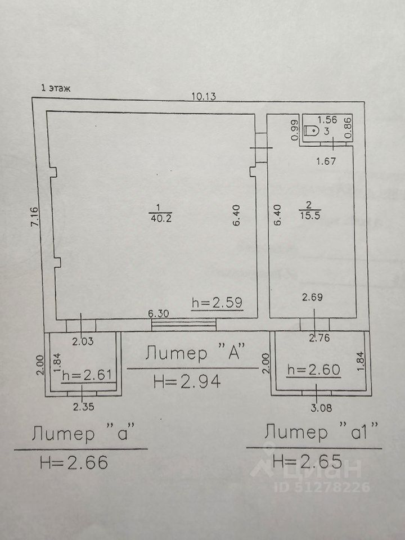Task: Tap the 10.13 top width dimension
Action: pyautogui.click(x=204, y=96)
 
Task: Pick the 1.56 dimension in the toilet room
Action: pyautogui.click(x=327, y=119)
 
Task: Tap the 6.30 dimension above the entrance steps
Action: pyautogui.click(x=159, y=313)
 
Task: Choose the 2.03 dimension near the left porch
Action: pyautogui.click(x=82, y=339)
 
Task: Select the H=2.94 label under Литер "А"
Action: pyautogui.click(x=186, y=381)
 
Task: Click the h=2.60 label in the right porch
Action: pyautogui.click(x=312, y=370)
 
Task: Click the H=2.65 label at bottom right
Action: pyautogui.click(x=307, y=462)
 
